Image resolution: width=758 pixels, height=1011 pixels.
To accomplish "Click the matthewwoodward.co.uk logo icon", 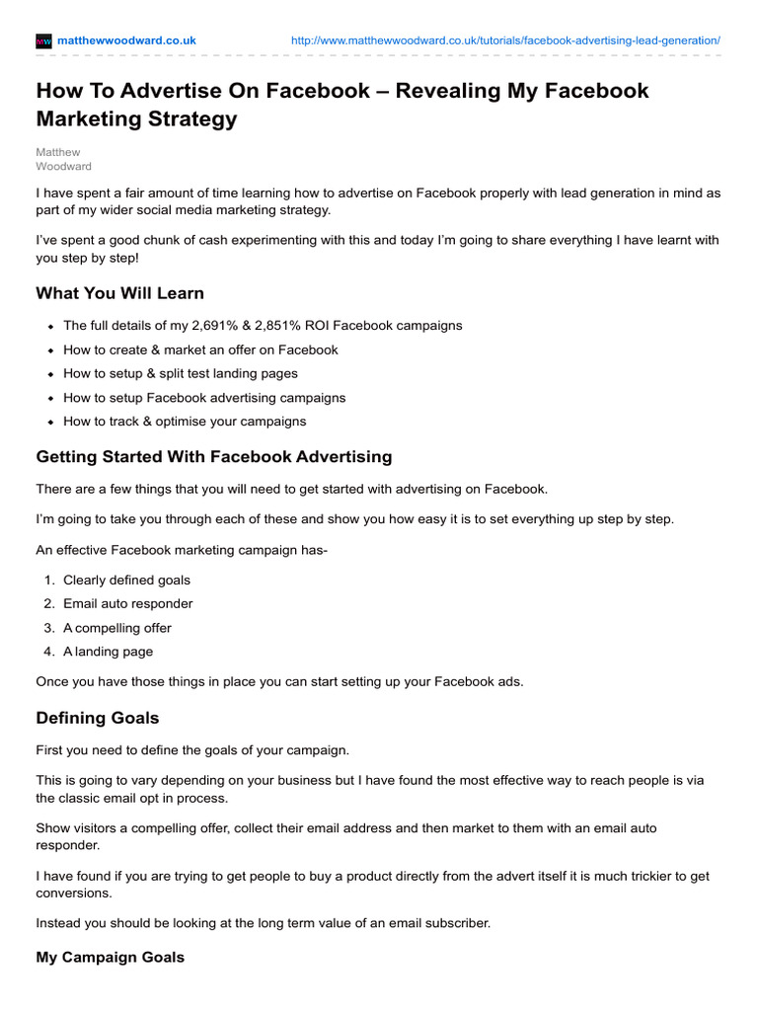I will [x=43, y=40].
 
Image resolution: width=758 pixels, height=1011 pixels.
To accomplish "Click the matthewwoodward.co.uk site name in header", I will [x=126, y=40].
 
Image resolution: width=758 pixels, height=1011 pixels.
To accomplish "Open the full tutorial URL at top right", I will [x=505, y=40].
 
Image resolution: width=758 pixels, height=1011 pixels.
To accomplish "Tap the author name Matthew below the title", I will [x=57, y=152].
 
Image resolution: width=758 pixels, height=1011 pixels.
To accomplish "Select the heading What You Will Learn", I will [x=119, y=293].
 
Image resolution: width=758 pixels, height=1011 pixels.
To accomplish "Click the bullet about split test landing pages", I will [x=181, y=373].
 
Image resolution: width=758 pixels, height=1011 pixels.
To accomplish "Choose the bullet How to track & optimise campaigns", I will [x=185, y=422].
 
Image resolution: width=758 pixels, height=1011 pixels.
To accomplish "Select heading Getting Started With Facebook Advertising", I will [x=213, y=457].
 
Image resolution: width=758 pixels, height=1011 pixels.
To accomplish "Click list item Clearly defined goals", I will [x=126, y=580].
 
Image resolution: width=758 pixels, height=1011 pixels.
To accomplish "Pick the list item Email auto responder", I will [x=127, y=603].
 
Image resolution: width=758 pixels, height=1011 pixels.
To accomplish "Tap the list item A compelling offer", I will [x=116, y=628].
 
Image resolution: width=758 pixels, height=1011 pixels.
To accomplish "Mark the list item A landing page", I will [x=108, y=652].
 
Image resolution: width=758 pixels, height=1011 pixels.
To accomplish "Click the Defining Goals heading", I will [x=97, y=718].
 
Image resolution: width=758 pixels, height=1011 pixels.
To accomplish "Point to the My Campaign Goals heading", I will [x=110, y=957].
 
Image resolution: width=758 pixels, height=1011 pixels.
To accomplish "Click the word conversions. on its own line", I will [x=73, y=894].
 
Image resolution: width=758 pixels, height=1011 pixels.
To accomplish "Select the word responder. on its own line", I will [x=67, y=845].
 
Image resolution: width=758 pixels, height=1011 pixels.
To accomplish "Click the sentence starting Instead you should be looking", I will [x=263, y=923].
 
